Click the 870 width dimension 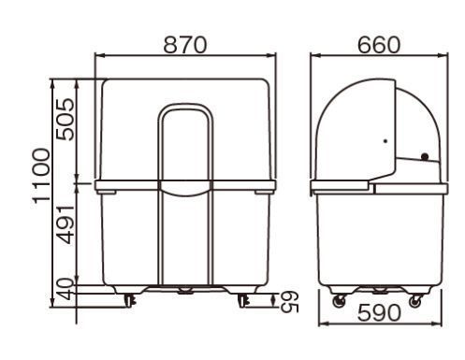[185, 45]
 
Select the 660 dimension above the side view [378, 45]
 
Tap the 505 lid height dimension [65, 119]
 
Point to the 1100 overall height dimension [41, 176]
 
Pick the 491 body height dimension [65, 224]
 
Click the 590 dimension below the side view [379, 312]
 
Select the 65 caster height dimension [289, 302]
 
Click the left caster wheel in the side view [340, 301]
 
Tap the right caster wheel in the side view [415, 301]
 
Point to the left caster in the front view [129, 300]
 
